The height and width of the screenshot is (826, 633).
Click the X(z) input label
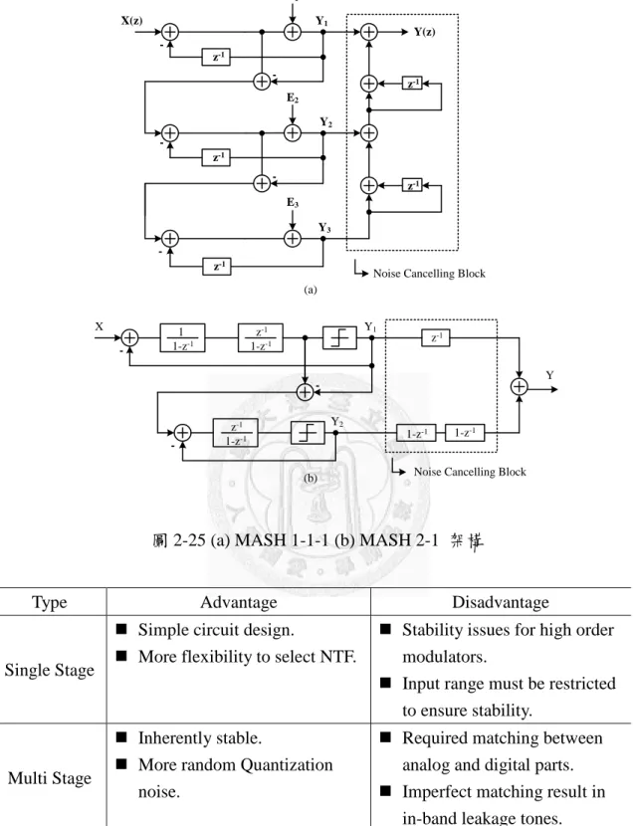pos(131,21)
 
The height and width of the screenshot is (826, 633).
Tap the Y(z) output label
pos(424,32)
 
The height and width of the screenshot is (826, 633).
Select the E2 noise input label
pos(293,98)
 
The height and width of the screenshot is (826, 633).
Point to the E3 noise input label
pos(293,202)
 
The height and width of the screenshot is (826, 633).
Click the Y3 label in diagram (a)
pos(324,228)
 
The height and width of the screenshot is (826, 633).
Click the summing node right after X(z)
pos(169,32)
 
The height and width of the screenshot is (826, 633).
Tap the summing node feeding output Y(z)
pos(368,32)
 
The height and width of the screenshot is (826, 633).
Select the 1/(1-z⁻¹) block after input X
pos(182,337)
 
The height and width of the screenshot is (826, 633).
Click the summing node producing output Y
pos(520,387)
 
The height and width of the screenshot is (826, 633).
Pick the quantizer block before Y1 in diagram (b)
pos(339,337)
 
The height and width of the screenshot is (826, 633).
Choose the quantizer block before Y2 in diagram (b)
pos(309,433)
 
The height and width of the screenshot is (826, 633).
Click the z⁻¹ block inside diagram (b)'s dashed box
pos(436,337)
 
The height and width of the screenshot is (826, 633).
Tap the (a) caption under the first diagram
pos(311,290)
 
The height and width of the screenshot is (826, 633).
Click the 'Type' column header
pos(50,602)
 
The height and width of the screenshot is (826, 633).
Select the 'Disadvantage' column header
pos(501,602)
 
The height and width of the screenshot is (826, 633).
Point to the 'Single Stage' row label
pos(50,670)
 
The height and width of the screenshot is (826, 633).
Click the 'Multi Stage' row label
pos(50,778)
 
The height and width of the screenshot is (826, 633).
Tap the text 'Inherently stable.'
pos(200,738)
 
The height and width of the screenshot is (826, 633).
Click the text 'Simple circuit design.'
pos(216,630)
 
